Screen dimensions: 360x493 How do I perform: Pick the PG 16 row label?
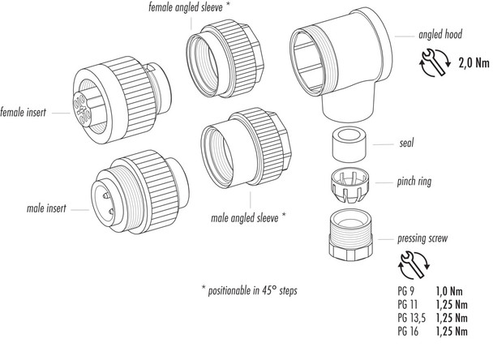pos(409,332)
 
